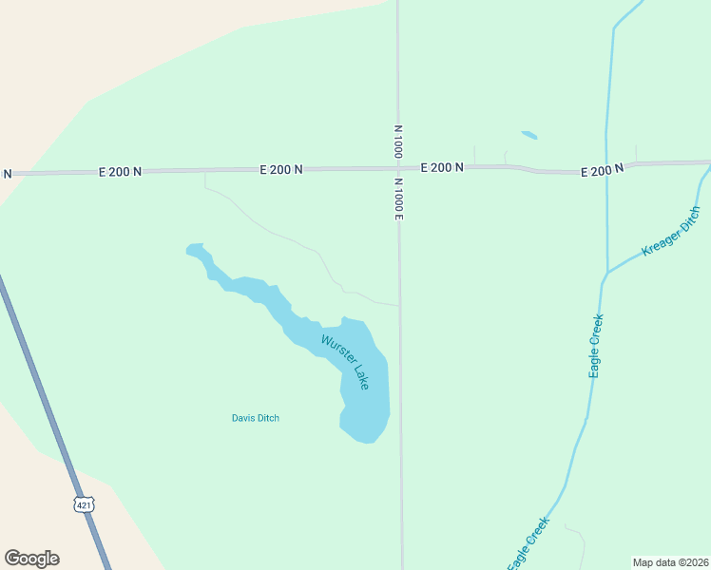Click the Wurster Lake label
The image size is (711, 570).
[x=344, y=362]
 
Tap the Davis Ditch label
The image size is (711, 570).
[x=256, y=418]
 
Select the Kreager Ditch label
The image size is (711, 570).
[x=671, y=232]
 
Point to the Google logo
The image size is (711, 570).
[x=31, y=559]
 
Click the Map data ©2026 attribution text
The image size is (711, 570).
[x=670, y=562]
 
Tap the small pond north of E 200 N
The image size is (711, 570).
[x=529, y=135]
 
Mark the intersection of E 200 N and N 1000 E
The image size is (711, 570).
[x=398, y=169]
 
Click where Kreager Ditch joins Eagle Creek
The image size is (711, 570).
[x=605, y=274]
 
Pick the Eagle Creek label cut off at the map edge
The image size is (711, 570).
[x=528, y=544]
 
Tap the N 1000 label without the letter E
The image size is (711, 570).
[x=397, y=141]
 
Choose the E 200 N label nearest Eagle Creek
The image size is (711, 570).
[x=602, y=169]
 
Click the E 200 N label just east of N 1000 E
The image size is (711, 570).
[x=442, y=167]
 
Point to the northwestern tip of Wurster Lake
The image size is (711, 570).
[x=189, y=250]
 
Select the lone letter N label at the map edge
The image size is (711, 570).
[x=7, y=173]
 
